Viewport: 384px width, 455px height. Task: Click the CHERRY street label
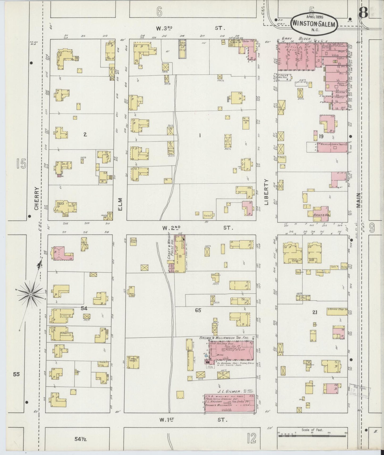37,198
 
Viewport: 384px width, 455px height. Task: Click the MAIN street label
359,201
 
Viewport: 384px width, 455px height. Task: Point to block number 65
198,310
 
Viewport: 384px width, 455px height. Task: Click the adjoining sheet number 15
21,164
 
